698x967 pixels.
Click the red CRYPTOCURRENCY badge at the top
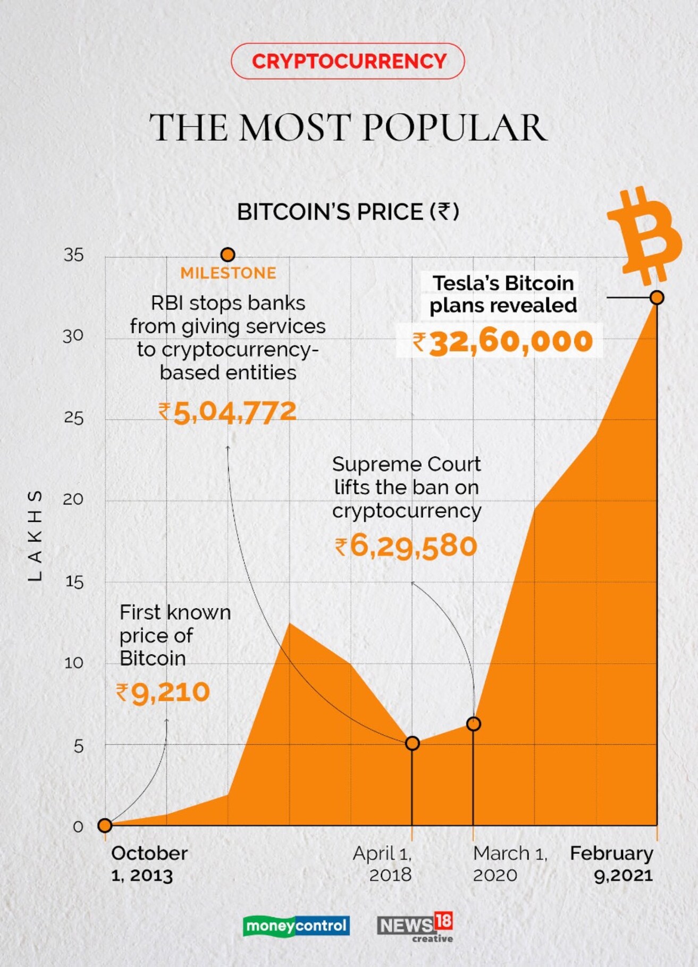348,61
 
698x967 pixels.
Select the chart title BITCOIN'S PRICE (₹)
348,212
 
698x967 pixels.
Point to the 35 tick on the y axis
74,255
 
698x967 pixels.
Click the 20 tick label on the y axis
74,499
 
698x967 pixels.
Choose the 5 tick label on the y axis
79,746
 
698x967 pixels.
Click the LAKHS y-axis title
35,535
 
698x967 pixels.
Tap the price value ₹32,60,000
502,341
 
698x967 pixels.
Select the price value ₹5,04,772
228,412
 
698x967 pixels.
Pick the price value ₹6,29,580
406,546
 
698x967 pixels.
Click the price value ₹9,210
163,692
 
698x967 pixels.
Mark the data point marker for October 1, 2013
105,825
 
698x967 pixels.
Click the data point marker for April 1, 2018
412,743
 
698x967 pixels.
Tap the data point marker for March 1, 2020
473,724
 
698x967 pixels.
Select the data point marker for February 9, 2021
657,298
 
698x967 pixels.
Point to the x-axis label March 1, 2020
509,864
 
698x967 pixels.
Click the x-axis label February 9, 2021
612,864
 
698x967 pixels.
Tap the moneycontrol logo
296,926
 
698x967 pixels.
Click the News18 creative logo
415,927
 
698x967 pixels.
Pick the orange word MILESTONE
228,273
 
